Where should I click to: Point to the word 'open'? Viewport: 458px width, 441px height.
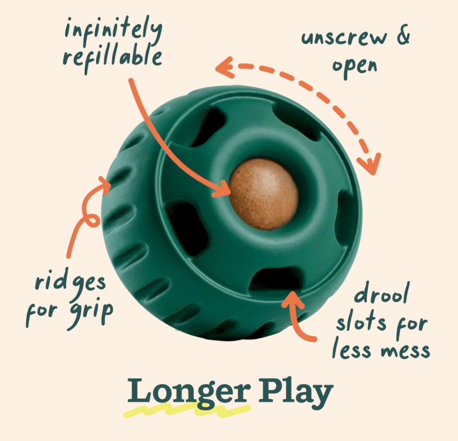pos(354,68)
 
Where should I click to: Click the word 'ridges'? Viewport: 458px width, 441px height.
pos(70,282)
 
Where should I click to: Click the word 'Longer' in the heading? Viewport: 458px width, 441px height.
pos(189,392)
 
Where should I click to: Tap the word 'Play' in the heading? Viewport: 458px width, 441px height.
pos(296,391)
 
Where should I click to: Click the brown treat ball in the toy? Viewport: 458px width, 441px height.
pos(263,194)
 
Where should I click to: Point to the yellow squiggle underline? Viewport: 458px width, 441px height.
pos(187,409)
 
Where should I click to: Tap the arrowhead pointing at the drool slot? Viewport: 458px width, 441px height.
pos(292,299)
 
